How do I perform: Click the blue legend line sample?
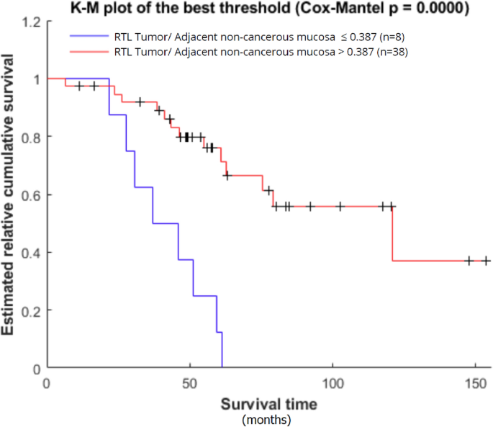pos(89,36)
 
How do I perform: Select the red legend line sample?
pos(89,52)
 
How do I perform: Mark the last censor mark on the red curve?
pos(486,261)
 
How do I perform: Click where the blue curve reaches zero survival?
pos(222,368)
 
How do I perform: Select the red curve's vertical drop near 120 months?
pos(392,234)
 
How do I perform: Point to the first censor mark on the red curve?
pos(80,86)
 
